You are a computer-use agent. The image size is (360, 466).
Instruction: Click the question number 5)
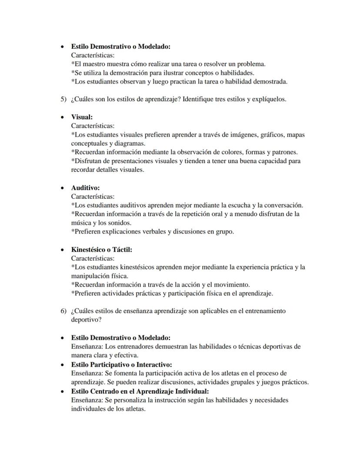(63, 99)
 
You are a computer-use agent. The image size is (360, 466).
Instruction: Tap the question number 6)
(63, 311)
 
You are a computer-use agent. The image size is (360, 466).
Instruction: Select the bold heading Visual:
(82, 117)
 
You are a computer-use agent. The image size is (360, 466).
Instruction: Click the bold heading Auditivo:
(85, 188)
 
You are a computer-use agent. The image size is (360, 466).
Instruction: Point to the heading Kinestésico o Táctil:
(101, 250)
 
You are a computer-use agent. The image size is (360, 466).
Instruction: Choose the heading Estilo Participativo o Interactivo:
(121, 365)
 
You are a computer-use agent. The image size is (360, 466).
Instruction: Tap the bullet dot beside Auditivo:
(63, 188)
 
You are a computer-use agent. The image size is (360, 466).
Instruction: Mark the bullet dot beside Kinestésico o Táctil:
(63, 250)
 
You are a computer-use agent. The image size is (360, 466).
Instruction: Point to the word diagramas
(131, 144)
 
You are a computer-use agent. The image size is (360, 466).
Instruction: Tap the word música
(82, 223)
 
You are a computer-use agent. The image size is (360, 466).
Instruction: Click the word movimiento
(233, 285)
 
